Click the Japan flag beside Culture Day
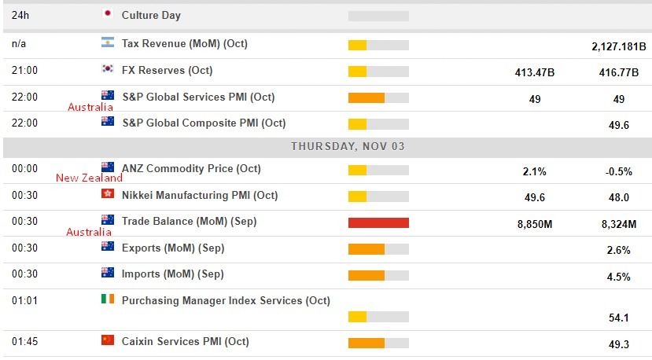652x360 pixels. pyautogui.click(x=108, y=14)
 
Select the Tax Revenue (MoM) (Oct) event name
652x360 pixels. pyautogui.click(x=185, y=44)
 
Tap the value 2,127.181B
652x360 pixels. pyautogui.click(x=619, y=46)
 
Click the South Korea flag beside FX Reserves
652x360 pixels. pyautogui.click(x=108, y=70)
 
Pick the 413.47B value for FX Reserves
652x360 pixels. pyautogui.click(x=534, y=73)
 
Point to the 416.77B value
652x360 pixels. pyautogui.click(x=619, y=73)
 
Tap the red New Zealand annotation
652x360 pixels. pyautogui.click(x=89, y=178)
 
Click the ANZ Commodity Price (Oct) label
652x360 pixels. pyautogui.click(x=191, y=168)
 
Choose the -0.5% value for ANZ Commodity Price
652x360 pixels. pyautogui.click(x=619, y=171)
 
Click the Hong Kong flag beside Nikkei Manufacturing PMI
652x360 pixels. pyautogui.click(x=108, y=195)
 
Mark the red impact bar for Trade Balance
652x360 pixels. pyautogui.click(x=378, y=222)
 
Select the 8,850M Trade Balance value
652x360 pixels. pyautogui.click(x=534, y=224)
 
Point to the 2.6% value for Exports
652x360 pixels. pyautogui.click(x=619, y=250)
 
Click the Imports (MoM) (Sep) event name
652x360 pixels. pyautogui.click(x=172, y=274)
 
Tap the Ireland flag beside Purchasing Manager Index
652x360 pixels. pyautogui.click(x=108, y=299)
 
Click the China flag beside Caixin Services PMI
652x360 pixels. pyautogui.click(x=108, y=340)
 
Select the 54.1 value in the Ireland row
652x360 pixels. pyautogui.click(x=619, y=318)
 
